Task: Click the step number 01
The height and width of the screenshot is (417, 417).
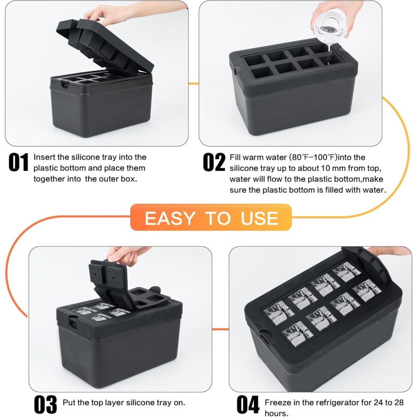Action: [18, 162]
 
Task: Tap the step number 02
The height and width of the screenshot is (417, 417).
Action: [214, 162]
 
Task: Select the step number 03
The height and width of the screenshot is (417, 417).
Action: [45, 404]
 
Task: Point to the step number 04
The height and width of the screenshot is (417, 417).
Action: [248, 404]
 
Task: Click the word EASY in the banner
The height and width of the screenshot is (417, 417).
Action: [170, 218]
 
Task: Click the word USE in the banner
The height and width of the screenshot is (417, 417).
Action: [259, 218]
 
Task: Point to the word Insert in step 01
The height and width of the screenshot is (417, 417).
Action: [44, 157]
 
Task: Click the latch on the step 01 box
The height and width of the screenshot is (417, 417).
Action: [64, 84]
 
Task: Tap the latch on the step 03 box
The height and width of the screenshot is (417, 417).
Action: [72, 322]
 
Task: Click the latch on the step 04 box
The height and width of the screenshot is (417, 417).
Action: [265, 337]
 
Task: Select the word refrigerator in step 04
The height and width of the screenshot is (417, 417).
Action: [332, 402]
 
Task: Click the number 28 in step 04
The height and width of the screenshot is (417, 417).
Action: [398, 402]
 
